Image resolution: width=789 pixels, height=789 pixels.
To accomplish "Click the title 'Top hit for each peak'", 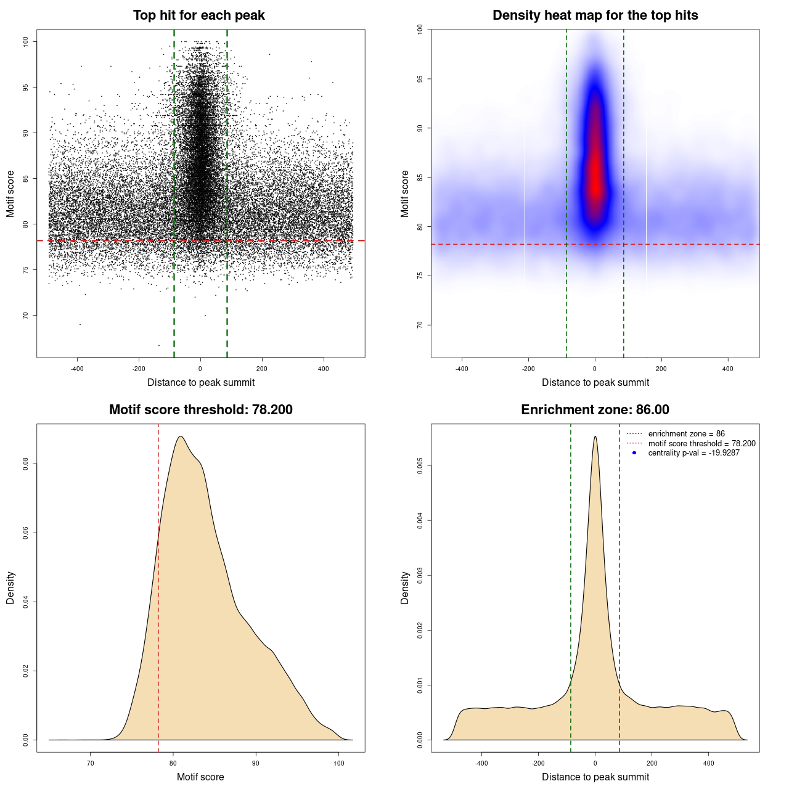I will coord(198,15).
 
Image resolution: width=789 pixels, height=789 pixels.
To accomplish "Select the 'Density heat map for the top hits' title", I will coord(595,15).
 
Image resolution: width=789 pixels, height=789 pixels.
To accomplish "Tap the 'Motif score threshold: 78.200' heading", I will coord(200,410).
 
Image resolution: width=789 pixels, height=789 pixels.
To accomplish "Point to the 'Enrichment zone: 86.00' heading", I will coord(595,410).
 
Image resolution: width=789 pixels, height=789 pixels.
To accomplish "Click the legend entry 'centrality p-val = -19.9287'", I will coord(693,453).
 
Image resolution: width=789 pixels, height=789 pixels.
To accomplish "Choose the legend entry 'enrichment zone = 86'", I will coord(686,434).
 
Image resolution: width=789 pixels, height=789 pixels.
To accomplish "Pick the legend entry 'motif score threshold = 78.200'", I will coord(701,444).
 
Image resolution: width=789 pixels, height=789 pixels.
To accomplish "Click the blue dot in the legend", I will coord(634,453).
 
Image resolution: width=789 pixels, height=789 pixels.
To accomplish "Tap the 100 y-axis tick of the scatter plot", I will coord(26,41).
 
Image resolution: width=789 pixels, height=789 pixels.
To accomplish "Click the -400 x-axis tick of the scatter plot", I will coord(77,369).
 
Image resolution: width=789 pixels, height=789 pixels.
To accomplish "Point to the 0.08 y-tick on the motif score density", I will coord(26,464).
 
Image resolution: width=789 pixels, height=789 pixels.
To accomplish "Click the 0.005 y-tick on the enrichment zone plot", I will coord(420,466).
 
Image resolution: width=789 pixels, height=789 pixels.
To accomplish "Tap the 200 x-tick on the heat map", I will coord(661,369).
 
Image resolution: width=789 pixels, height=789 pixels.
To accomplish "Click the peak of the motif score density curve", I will coord(180,436).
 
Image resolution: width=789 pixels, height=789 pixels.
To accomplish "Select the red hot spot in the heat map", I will coord(595,173).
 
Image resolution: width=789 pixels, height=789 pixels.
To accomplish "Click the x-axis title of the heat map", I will coord(595,383).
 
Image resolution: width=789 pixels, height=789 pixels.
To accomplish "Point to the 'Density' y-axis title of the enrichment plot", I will coord(405,587).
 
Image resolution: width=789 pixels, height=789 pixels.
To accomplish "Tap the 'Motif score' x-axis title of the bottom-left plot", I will coord(200,777).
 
